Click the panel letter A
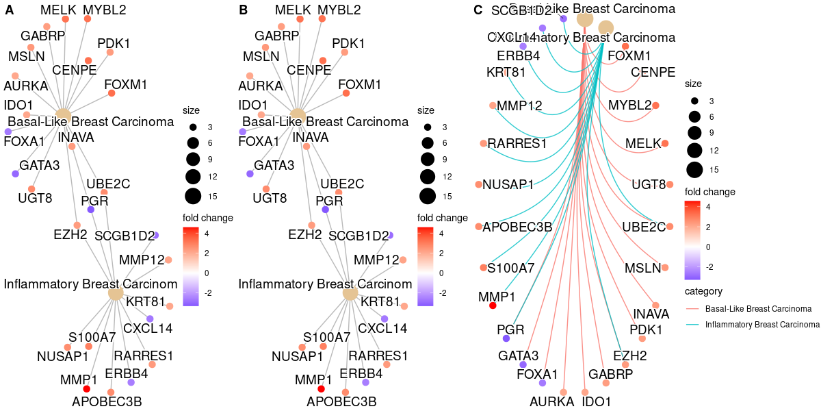pyautogui.click(x=9, y=10)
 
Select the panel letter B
pyautogui.click(x=243, y=10)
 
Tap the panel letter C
pyautogui.click(x=478, y=10)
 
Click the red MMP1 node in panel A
pyautogui.click(x=87, y=389)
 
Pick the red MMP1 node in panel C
pyautogui.click(x=493, y=306)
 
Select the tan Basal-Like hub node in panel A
pyautogui.click(x=63, y=114)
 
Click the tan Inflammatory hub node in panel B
pyautogui.click(x=350, y=293)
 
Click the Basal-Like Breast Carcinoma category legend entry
pyautogui.click(x=757, y=309)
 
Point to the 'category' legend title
pyautogui.click(x=703, y=292)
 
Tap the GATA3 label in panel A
pyautogui.click(x=40, y=165)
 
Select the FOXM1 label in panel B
pyautogui.click(x=360, y=85)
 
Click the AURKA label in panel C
pyautogui.click(x=551, y=401)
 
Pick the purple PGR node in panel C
pyautogui.click(x=506, y=338)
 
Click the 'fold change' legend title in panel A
pyautogui.click(x=208, y=218)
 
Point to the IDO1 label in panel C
pyautogui.click(x=596, y=401)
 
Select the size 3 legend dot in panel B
pyautogui.click(x=428, y=127)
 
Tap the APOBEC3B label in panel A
pyautogui.click(x=107, y=402)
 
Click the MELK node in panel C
pyautogui.click(x=665, y=143)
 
